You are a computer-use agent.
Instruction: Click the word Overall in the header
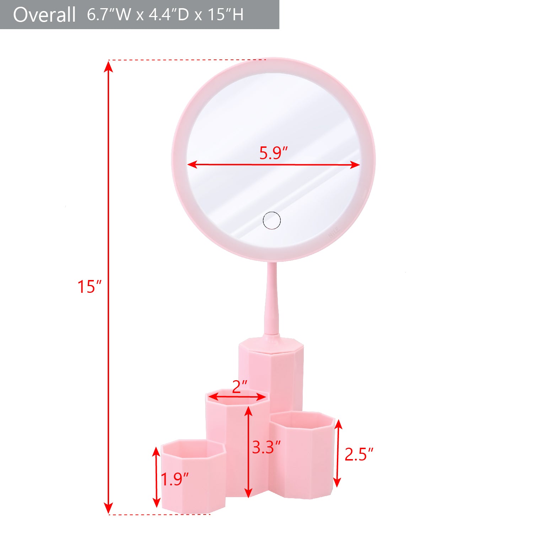[x=44, y=15]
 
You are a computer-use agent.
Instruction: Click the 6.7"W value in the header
[x=109, y=15]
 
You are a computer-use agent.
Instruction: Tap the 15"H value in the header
[x=225, y=15]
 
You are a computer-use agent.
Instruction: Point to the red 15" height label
[x=90, y=287]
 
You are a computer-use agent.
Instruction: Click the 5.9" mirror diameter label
[x=273, y=153]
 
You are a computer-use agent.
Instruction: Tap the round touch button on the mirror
[x=272, y=220]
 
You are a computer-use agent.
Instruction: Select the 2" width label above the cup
[x=239, y=387]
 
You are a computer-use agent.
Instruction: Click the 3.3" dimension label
[x=266, y=447]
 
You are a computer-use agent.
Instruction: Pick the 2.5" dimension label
[x=359, y=454]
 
